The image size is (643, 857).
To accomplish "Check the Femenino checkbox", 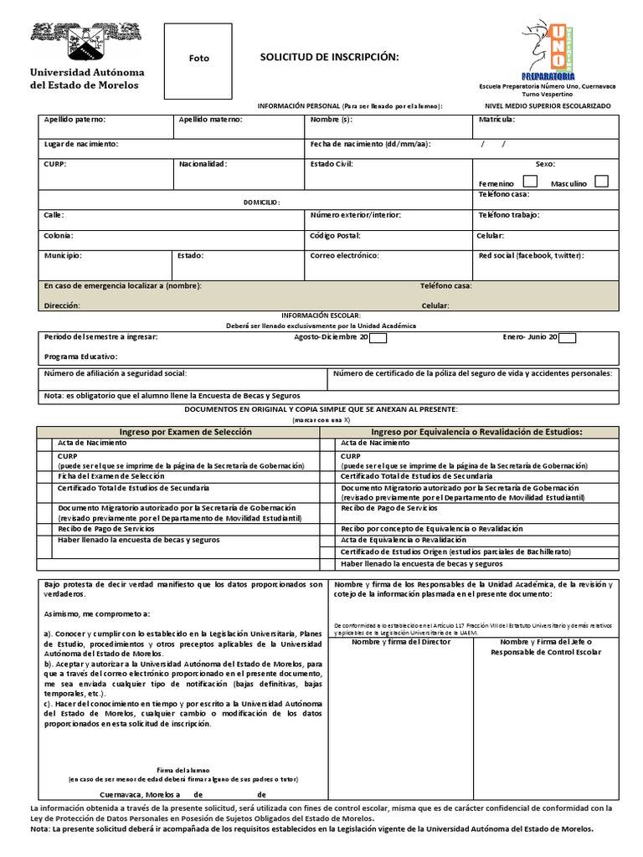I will [x=530, y=182].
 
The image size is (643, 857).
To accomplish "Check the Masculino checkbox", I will [x=601, y=182].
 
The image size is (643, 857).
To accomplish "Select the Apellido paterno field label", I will [x=75, y=120].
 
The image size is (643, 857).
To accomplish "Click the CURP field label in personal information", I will [x=54, y=164].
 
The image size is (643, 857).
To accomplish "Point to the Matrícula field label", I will [x=496, y=120].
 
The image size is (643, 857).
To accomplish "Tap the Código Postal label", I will [x=335, y=236].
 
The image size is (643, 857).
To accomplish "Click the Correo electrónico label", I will [x=344, y=255].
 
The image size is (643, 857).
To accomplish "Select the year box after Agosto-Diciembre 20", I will [x=378, y=338].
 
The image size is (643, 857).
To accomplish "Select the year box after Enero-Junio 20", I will [x=567, y=338].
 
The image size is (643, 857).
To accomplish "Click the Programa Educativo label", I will [x=82, y=356].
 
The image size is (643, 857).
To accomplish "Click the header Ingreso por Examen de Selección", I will [x=185, y=432].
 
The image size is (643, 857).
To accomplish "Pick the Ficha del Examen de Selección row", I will [x=111, y=475].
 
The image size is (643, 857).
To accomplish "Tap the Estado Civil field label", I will [x=332, y=164].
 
